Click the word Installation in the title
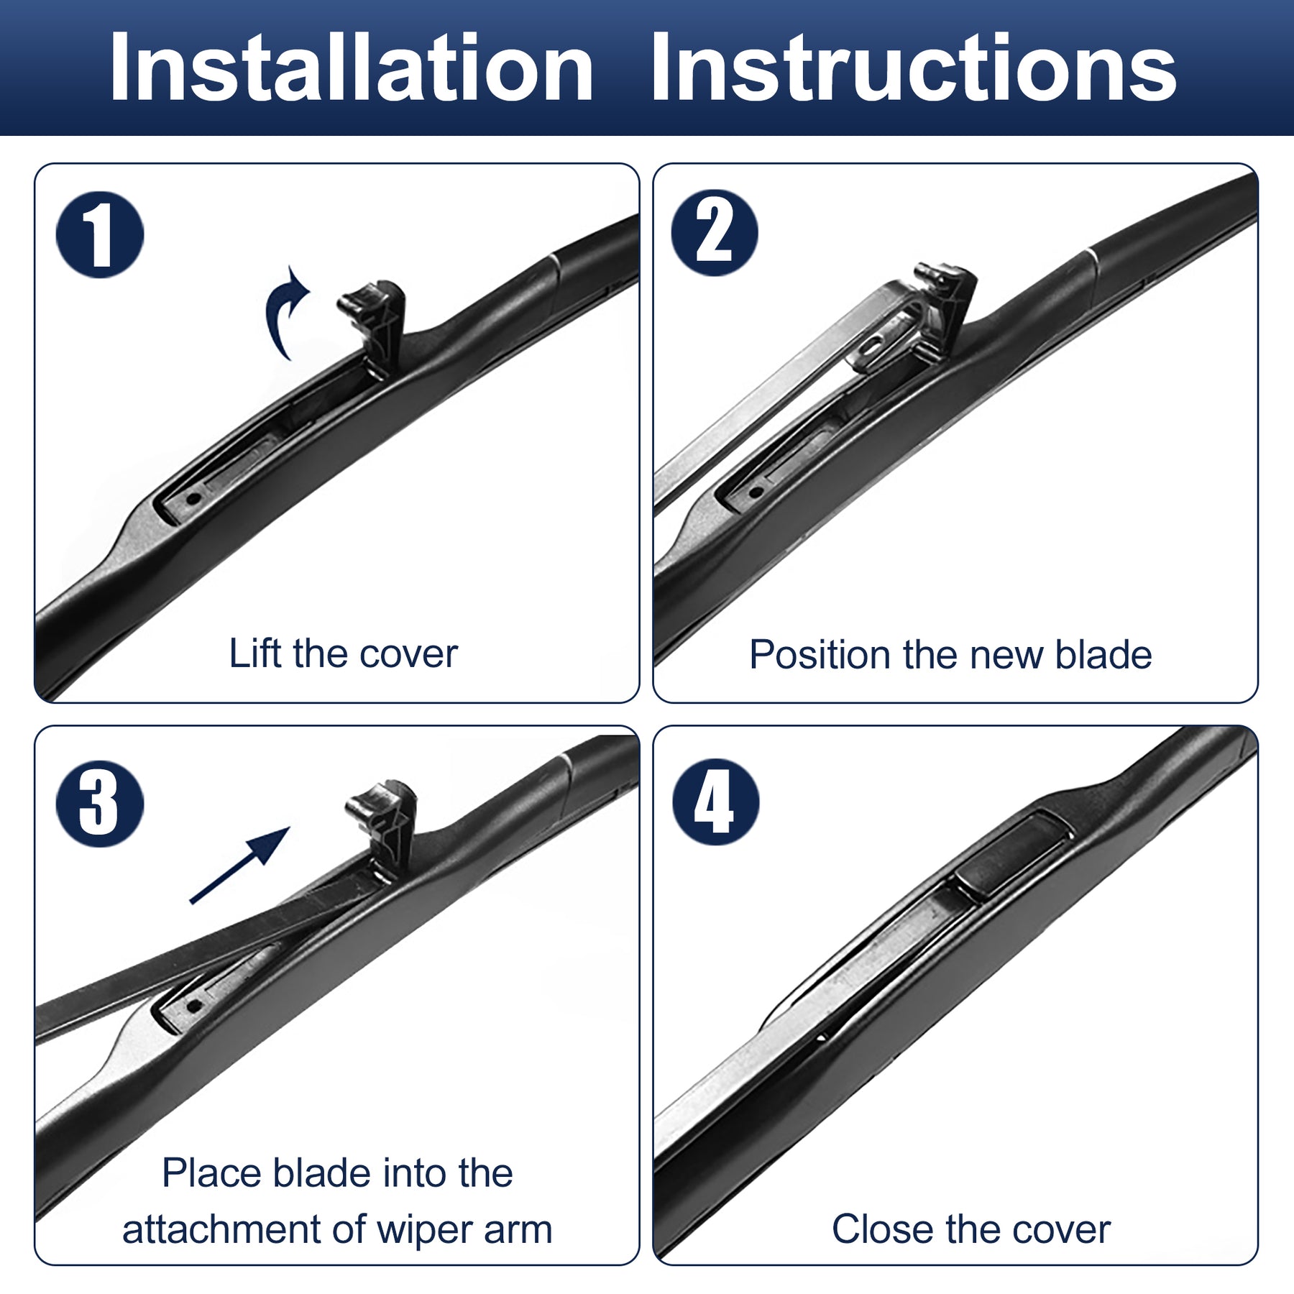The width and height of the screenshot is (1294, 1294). point(352,68)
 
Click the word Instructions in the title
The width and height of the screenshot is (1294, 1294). point(913,68)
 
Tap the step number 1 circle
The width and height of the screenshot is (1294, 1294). point(100,234)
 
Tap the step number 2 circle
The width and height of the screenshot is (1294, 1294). point(715,233)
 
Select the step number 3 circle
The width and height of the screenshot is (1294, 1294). point(100,803)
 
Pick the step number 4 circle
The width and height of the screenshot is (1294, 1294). point(716,802)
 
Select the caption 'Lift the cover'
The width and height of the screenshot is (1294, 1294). point(343,653)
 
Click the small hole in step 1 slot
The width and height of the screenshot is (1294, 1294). point(192,498)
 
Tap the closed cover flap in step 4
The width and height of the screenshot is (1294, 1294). point(1014,855)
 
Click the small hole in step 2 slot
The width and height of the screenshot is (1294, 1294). point(755,492)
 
